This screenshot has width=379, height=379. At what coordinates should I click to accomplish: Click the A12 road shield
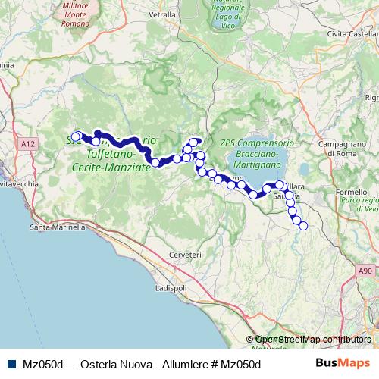click(x=29, y=143)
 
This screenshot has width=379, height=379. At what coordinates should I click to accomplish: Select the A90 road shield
click(x=365, y=269)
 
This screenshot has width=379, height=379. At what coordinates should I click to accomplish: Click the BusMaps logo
click(x=343, y=363)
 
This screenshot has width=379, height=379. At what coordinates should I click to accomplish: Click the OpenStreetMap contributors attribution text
click(x=312, y=339)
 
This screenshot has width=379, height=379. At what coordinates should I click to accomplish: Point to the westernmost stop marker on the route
click(x=75, y=136)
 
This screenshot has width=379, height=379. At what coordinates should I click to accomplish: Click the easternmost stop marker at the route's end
click(x=304, y=225)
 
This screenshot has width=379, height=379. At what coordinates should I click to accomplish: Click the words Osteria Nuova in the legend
click(x=103, y=364)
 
